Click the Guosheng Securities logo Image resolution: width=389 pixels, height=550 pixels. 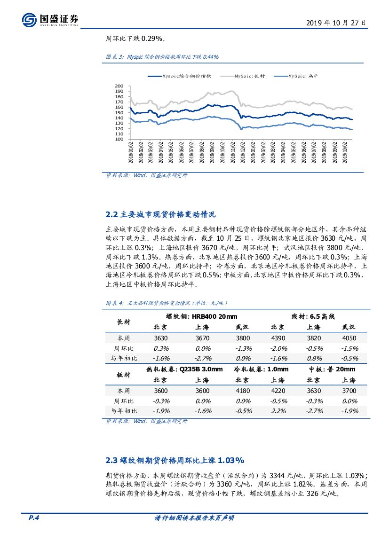pyautogui.click(x=50, y=20)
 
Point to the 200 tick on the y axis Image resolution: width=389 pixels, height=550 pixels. pyautogui.click(x=119, y=86)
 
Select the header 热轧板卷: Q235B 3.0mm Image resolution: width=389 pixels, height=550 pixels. pyautogui.click(x=185, y=369)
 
